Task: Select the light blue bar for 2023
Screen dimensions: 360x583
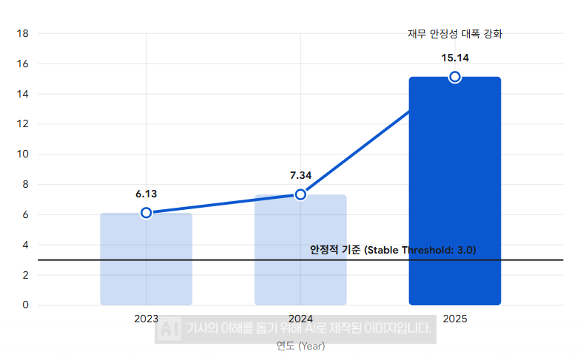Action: pyautogui.click(x=146, y=259)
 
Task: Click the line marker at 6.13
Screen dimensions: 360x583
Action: pyautogui.click(x=146, y=213)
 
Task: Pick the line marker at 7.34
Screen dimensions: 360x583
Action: pyautogui.click(x=300, y=194)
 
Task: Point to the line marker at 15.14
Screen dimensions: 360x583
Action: pyautogui.click(x=455, y=77)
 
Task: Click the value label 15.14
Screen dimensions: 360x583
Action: pyautogui.click(x=455, y=58)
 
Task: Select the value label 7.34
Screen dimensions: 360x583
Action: pyautogui.click(x=300, y=175)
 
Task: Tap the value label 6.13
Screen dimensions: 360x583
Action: pyautogui.click(x=146, y=194)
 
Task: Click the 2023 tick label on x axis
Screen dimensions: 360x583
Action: pyautogui.click(x=146, y=319)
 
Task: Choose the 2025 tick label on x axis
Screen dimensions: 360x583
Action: pyautogui.click(x=455, y=319)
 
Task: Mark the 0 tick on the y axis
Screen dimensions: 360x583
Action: pyautogui.click(x=24, y=305)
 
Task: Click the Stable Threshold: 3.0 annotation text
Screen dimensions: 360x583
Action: pyautogui.click(x=393, y=250)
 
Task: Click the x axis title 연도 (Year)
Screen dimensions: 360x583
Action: pyautogui.click(x=300, y=345)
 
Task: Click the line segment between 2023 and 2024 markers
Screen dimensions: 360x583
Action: pyautogui.click(x=223, y=204)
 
